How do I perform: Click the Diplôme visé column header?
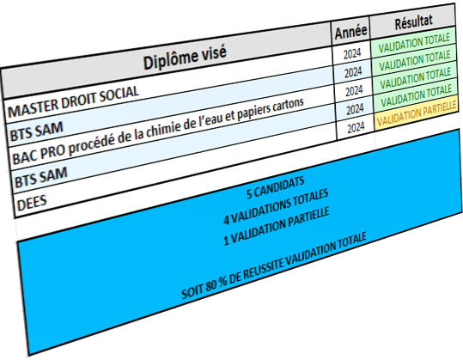[185, 57]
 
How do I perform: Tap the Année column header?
[350, 32]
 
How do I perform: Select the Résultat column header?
[414, 21]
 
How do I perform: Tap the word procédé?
[88, 143]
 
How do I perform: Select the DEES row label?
[32, 204]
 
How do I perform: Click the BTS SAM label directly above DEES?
[41, 178]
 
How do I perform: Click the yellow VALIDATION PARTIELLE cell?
[417, 113]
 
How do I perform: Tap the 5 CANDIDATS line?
[275, 188]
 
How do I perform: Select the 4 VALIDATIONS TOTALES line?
[276, 206]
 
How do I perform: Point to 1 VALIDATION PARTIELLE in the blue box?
[276, 226]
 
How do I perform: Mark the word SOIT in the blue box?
[192, 291]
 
